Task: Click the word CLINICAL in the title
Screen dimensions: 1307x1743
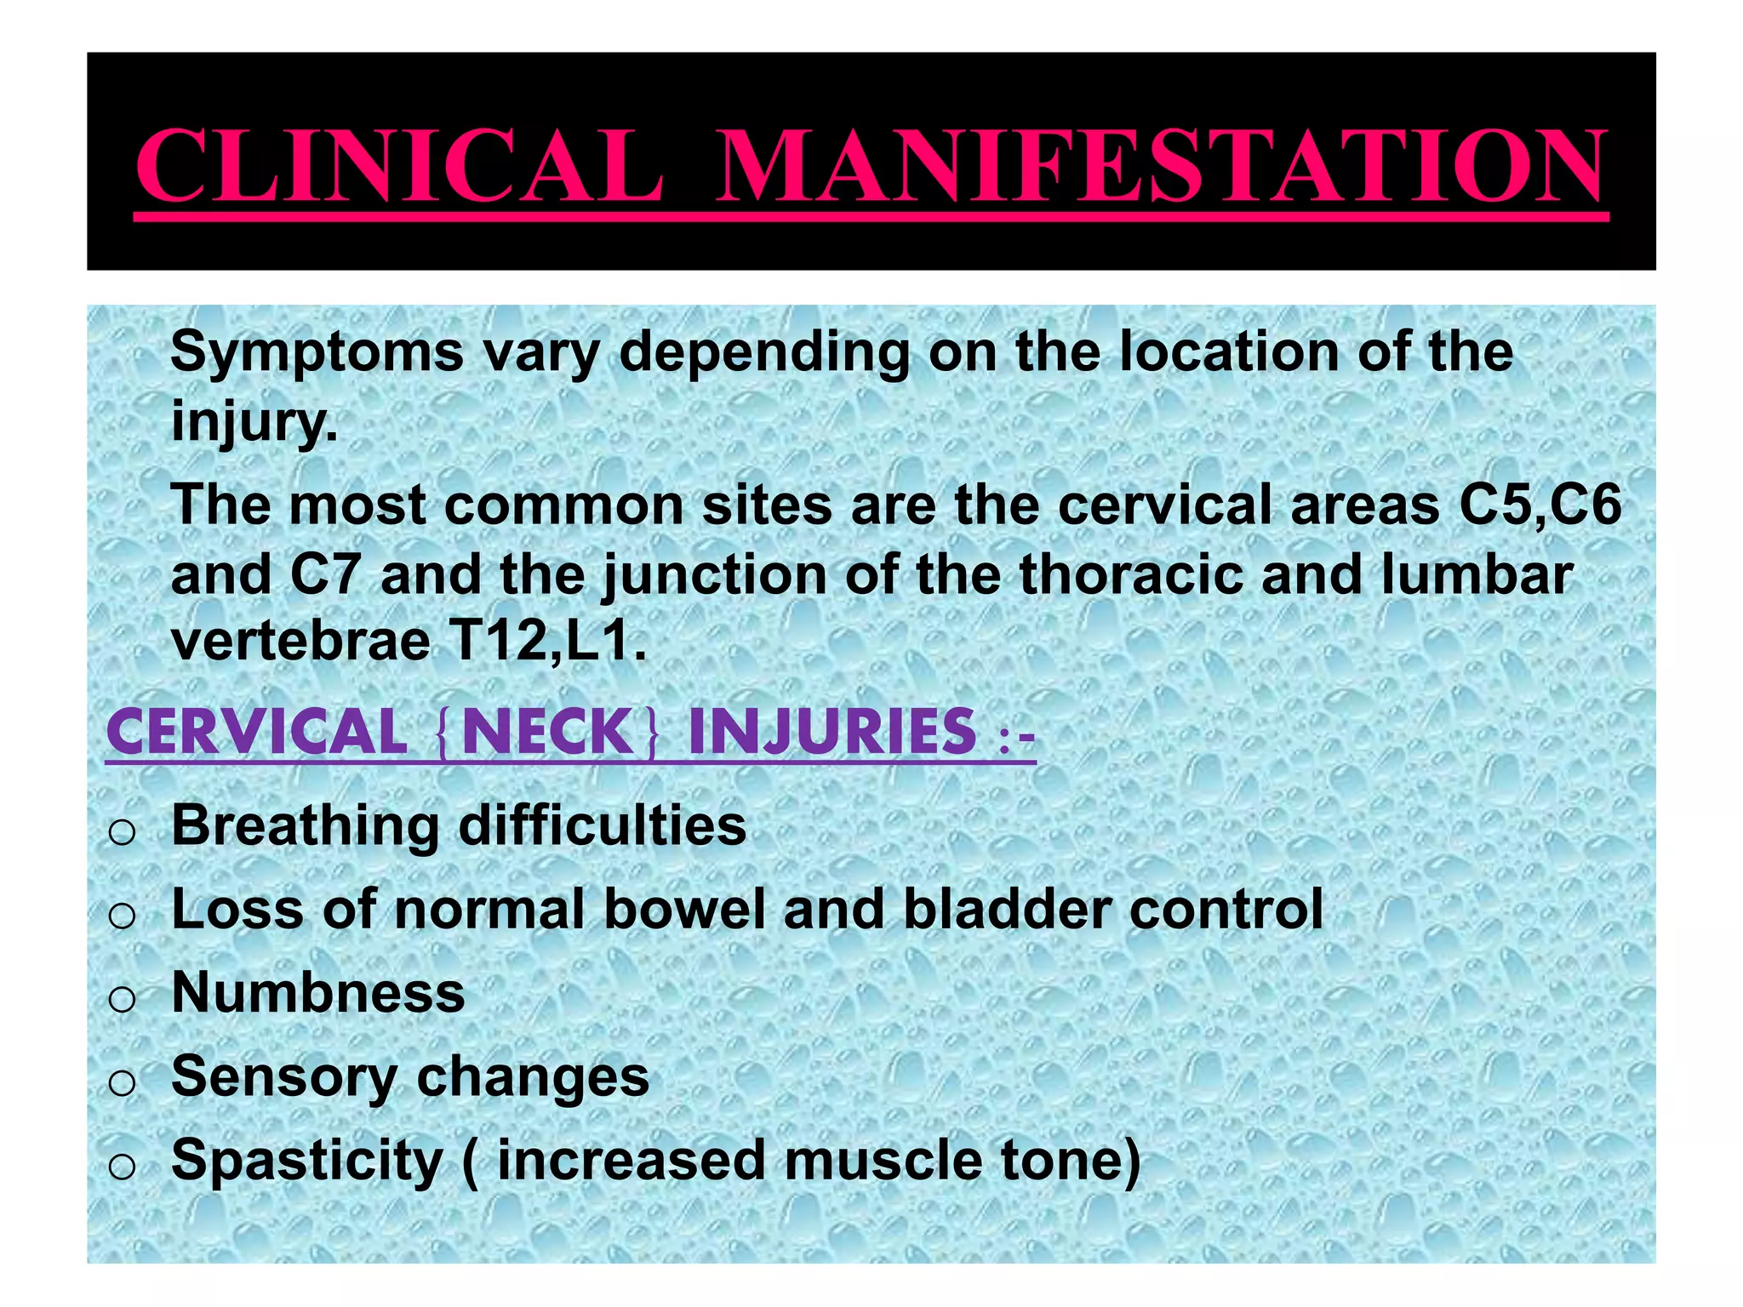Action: pos(398,166)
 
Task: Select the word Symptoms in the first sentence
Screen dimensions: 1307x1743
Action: pos(317,352)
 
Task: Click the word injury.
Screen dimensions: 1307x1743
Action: pos(254,419)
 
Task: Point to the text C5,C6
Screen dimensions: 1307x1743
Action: pos(1540,505)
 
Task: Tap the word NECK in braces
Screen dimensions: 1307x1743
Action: pos(546,733)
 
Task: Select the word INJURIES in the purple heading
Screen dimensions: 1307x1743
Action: pos(832,733)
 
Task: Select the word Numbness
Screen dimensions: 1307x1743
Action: pos(318,992)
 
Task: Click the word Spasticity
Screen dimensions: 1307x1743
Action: pos(307,1160)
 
